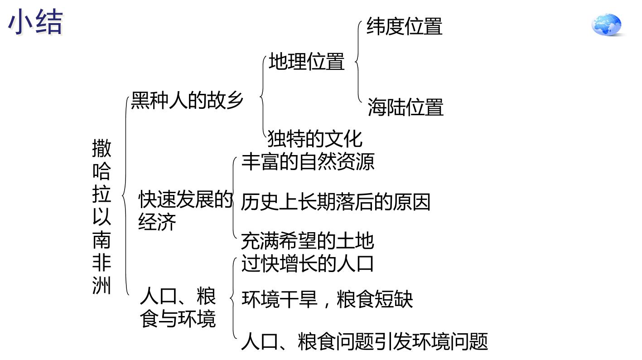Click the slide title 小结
pyautogui.click(x=35, y=22)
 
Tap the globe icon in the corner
pyautogui.click(x=607, y=24)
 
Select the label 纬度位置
pyautogui.click(x=405, y=26)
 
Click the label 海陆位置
pyautogui.click(x=405, y=107)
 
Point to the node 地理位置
pyautogui.click(x=307, y=61)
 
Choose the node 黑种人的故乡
pyautogui.click(x=187, y=100)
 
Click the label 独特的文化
pyautogui.click(x=315, y=139)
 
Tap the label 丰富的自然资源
pyautogui.click(x=308, y=162)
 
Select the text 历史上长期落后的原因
pyautogui.click(x=336, y=202)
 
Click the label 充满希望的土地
pyautogui.click(x=308, y=241)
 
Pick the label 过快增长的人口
pyautogui.click(x=308, y=263)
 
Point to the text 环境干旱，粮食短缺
pyautogui.click(x=327, y=299)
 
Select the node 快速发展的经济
pyautogui.click(x=185, y=210)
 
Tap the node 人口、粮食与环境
pyautogui.click(x=178, y=307)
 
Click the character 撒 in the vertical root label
pyautogui.click(x=102, y=148)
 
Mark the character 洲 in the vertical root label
pyautogui.click(x=102, y=286)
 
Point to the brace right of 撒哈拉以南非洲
pyautogui.click(x=125, y=196)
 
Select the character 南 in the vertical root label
pyautogui.click(x=102, y=240)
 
